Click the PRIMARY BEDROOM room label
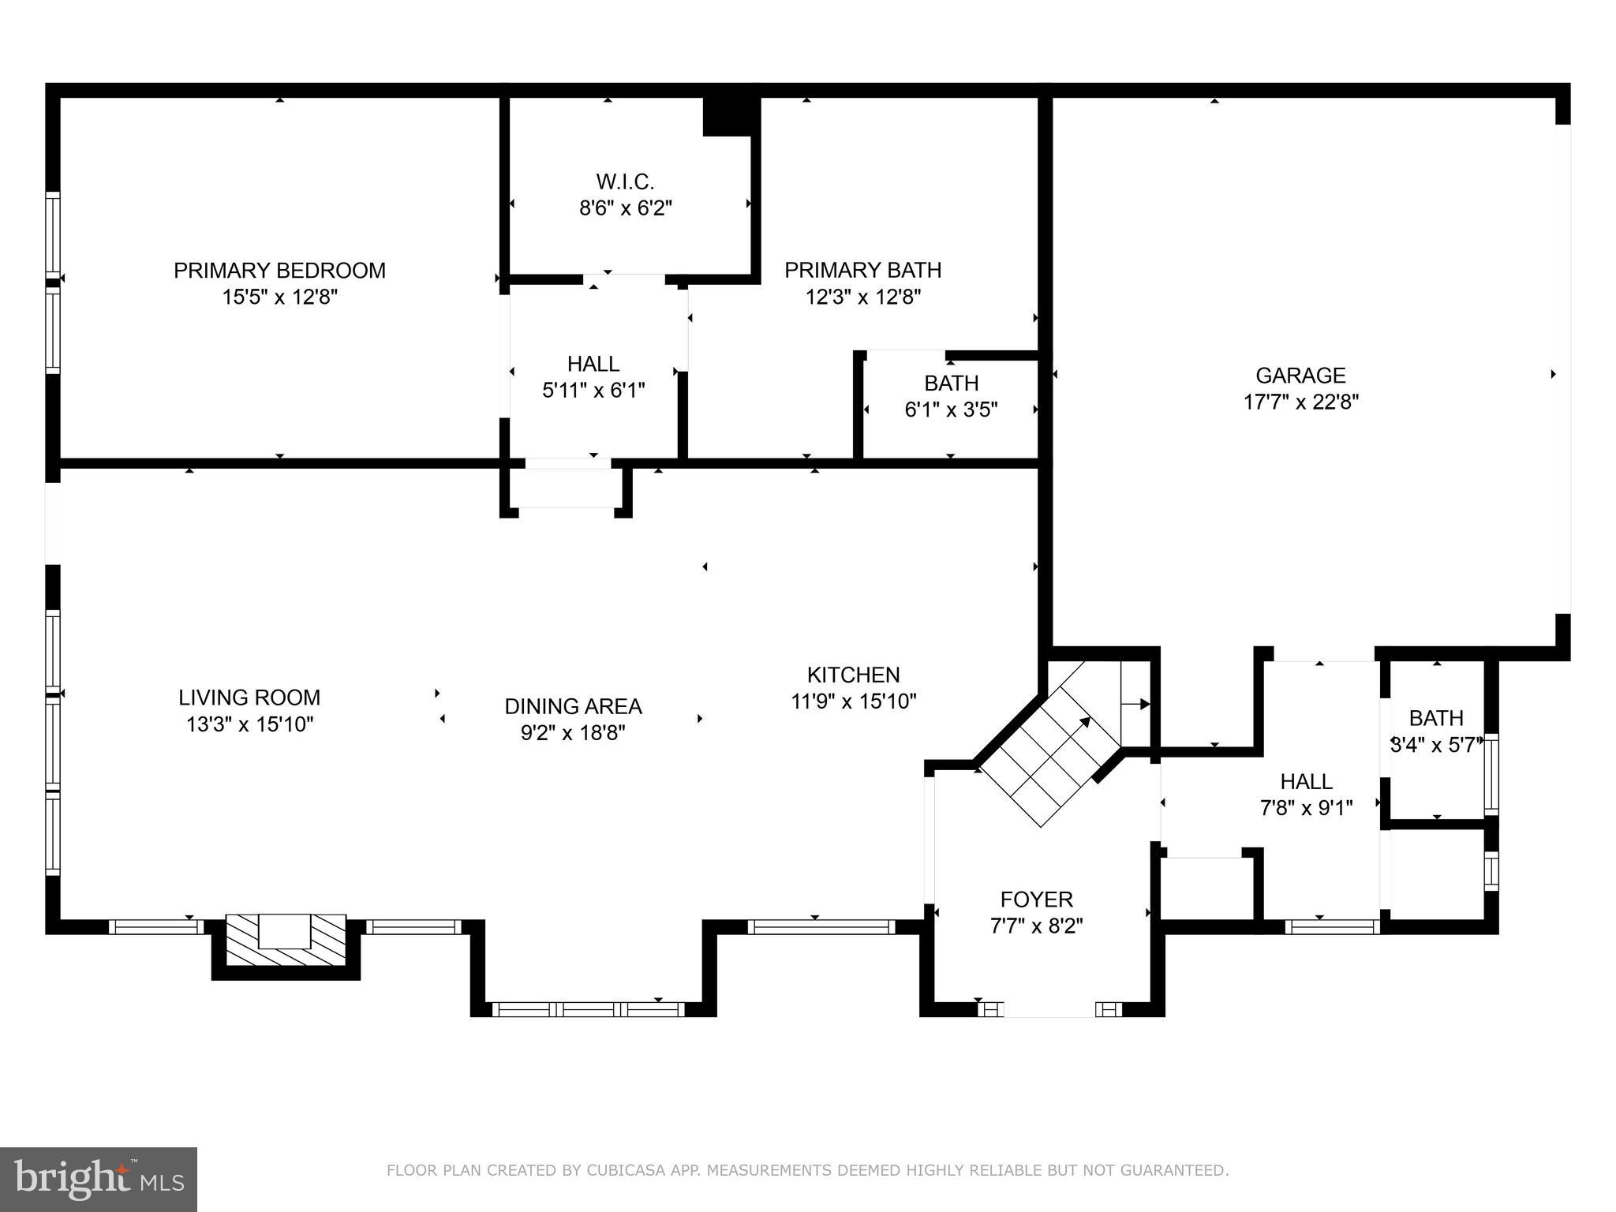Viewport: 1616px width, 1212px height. [x=279, y=271]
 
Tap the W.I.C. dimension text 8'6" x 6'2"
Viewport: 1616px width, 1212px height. [x=625, y=209]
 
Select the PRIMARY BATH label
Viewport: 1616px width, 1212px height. [x=862, y=270]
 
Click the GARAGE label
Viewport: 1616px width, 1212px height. [x=1300, y=376]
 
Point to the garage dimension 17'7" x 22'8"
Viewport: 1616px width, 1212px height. [x=1300, y=402]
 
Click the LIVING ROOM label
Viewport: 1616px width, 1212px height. [x=249, y=698]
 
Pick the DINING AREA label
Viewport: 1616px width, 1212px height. [x=573, y=706]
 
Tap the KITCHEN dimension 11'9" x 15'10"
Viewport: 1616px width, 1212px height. [x=853, y=701]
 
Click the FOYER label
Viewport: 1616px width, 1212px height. [x=1036, y=900]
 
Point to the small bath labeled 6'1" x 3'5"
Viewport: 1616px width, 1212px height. [x=951, y=397]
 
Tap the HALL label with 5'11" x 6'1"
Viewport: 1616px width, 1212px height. [x=593, y=364]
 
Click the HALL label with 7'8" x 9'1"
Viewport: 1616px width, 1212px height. [x=1306, y=781]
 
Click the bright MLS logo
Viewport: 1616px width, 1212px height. [x=98, y=1179]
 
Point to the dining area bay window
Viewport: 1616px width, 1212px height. [x=588, y=1009]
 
